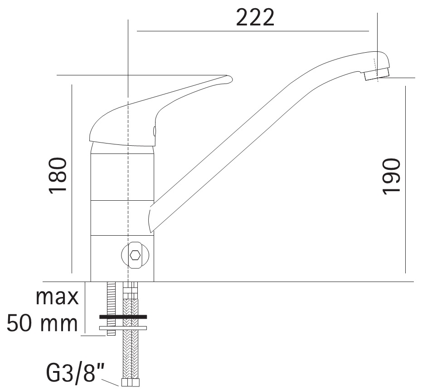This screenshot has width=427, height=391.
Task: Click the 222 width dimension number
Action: (255, 17)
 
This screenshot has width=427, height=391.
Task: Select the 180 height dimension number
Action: (58, 176)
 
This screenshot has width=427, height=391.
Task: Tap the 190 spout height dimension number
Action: (391, 177)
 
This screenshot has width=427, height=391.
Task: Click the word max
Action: (57, 297)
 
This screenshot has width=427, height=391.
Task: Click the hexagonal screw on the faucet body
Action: (135, 255)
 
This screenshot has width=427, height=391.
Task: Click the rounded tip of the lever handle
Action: (229, 79)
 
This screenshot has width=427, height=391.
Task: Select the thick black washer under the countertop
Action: (123, 317)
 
